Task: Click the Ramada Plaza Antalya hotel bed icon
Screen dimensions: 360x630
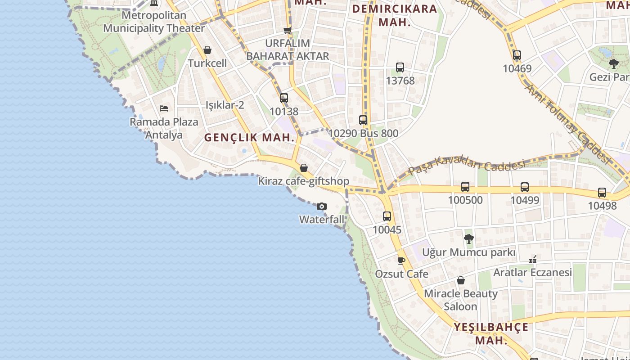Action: (x=164, y=108)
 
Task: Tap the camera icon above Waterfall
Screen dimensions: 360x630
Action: (x=321, y=207)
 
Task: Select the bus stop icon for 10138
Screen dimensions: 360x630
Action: (x=284, y=98)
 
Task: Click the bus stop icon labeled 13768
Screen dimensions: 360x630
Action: (x=400, y=67)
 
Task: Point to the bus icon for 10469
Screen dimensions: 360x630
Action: (x=517, y=56)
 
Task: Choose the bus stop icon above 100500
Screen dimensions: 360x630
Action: (x=465, y=187)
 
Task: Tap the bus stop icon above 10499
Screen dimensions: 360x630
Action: (x=525, y=187)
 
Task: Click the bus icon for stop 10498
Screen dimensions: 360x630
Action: (x=602, y=193)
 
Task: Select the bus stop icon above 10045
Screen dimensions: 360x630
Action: (x=387, y=216)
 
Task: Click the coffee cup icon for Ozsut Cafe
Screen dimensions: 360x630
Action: (x=401, y=261)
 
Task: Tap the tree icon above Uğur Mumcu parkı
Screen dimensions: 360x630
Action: (x=468, y=239)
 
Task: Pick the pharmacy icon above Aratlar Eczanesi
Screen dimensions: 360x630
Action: (x=533, y=260)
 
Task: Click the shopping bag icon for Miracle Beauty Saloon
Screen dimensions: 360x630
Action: (x=461, y=281)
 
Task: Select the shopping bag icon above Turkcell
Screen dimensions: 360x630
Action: (x=207, y=50)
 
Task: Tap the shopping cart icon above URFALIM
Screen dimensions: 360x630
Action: (x=288, y=30)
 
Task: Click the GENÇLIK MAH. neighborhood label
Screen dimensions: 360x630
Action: (x=250, y=138)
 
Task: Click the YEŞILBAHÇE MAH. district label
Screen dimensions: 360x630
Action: (x=491, y=333)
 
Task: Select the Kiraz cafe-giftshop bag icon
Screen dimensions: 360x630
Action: (x=304, y=168)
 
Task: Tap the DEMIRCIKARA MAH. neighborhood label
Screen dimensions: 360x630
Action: (x=395, y=15)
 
